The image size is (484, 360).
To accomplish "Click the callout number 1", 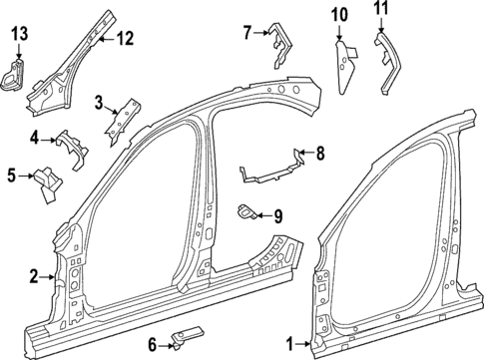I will pos(290,345).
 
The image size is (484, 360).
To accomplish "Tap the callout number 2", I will pos(34,276).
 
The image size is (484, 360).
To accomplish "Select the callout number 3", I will pos(100,102).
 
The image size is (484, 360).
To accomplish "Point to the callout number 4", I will pos(34,137).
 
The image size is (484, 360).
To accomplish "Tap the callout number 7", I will pos(246,33).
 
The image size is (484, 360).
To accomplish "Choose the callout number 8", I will pos(319,154).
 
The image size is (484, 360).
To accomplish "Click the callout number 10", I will pos(339,14).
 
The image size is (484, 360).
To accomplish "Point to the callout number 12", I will pos(124,39).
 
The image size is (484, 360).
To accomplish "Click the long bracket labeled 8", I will pos(271,167).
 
